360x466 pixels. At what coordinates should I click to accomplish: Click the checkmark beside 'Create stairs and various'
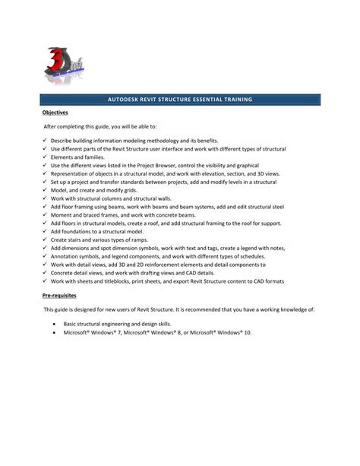click(x=46, y=240)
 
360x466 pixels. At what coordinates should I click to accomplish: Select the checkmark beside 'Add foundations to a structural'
click(x=46, y=232)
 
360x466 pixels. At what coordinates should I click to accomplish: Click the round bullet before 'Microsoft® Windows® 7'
click(x=54, y=332)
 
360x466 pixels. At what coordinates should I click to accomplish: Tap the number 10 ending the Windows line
click(x=248, y=332)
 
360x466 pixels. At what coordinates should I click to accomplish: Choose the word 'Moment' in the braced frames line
click(x=62, y=215)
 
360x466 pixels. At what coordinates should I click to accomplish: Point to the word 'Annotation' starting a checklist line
click(x=66, y=256)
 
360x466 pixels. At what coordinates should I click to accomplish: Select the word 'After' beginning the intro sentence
click(x=51, y=127)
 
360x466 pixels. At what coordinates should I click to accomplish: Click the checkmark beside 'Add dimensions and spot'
click(x=46, y=249)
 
